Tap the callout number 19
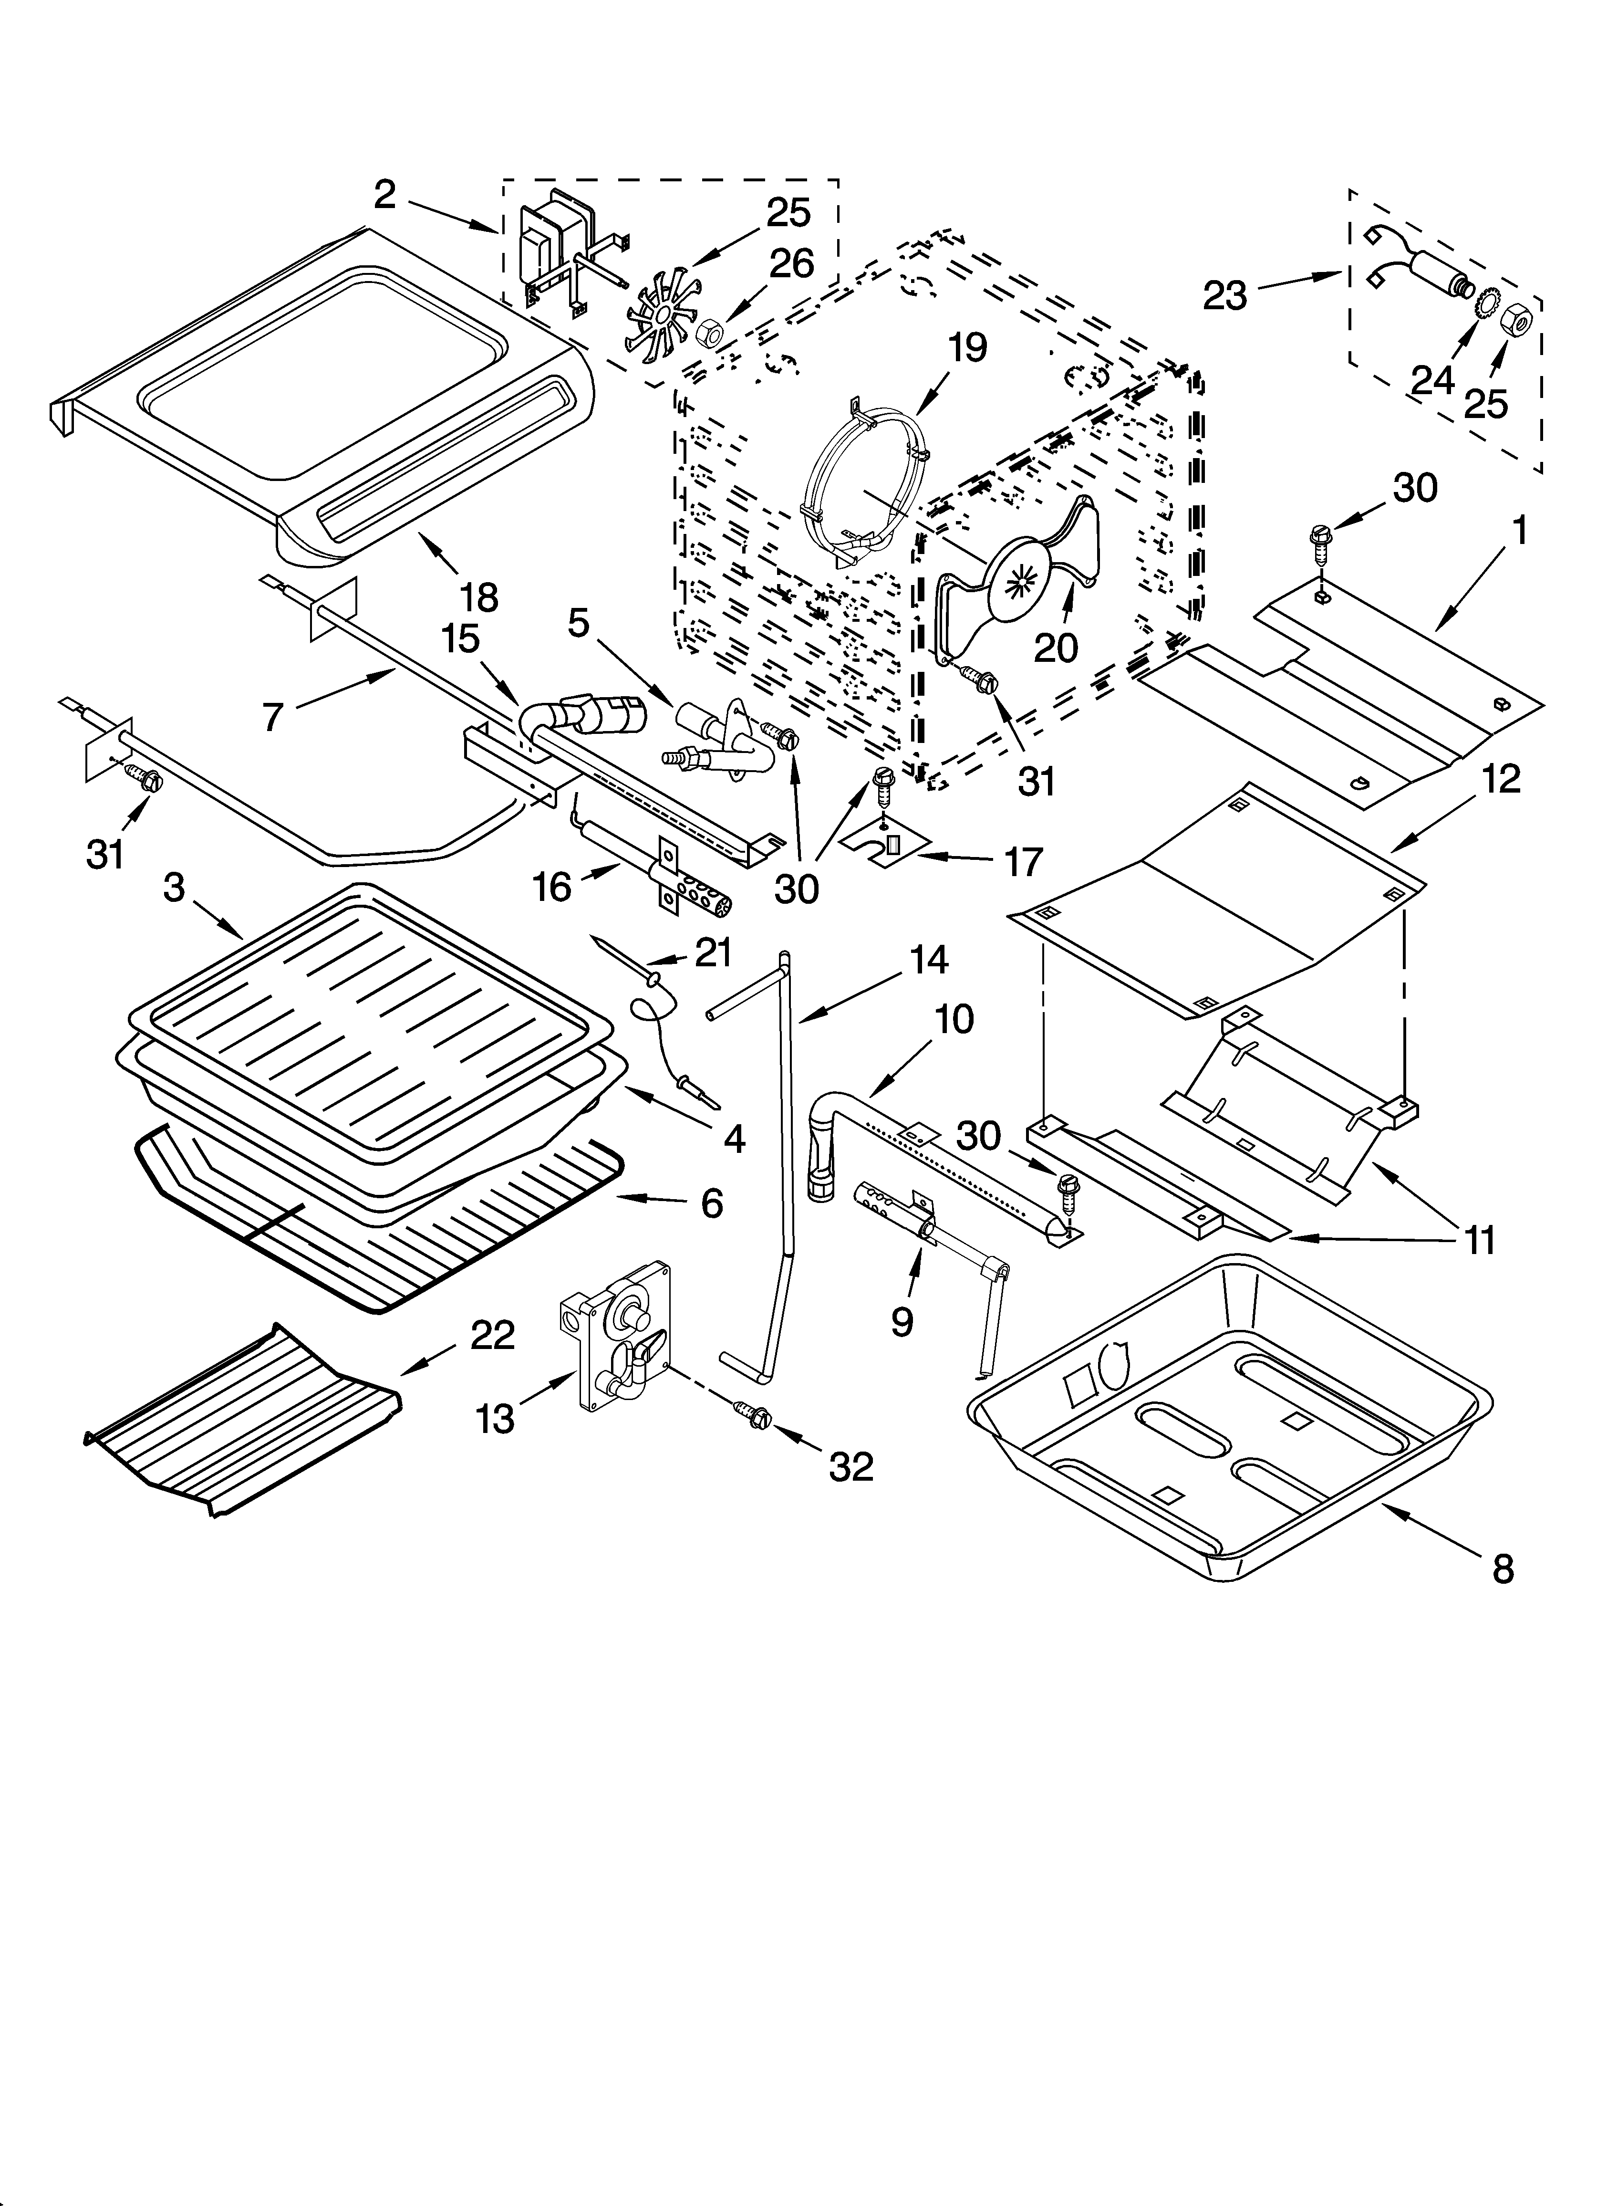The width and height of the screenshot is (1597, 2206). pos(968,347)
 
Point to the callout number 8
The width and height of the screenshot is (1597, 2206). pos(1503,1568)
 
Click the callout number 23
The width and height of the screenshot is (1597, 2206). pos(1224,295)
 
